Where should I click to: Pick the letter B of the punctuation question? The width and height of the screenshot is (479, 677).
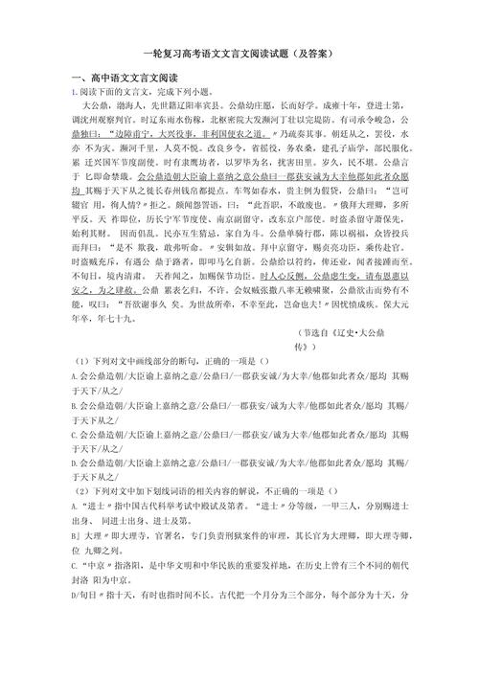pyautogui.click(x=74, y=459)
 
